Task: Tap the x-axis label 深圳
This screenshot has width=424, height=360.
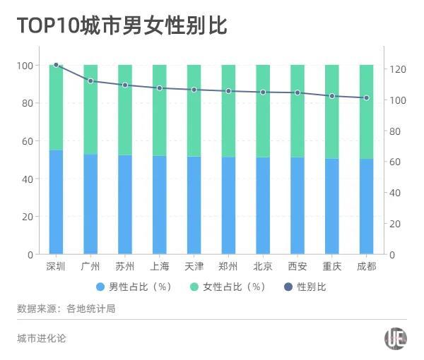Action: point(56,266)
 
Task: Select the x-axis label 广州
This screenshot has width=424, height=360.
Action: point(90,266)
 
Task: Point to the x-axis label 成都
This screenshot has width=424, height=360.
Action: point(367,266)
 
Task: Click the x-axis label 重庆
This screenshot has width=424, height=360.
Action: point(332,266)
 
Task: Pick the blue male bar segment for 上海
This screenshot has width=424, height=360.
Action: point(160,205)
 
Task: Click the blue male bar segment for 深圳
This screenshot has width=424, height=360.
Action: point(56,202)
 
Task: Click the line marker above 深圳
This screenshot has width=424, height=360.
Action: point(56,65)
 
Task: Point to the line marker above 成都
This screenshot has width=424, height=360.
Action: point(367,97)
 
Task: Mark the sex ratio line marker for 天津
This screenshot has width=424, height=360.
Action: point(194,90)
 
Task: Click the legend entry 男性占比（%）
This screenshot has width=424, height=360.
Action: point(134,287)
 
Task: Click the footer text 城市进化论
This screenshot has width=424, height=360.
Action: point(42,339)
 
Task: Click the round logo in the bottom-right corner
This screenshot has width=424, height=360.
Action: point(396,339)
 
